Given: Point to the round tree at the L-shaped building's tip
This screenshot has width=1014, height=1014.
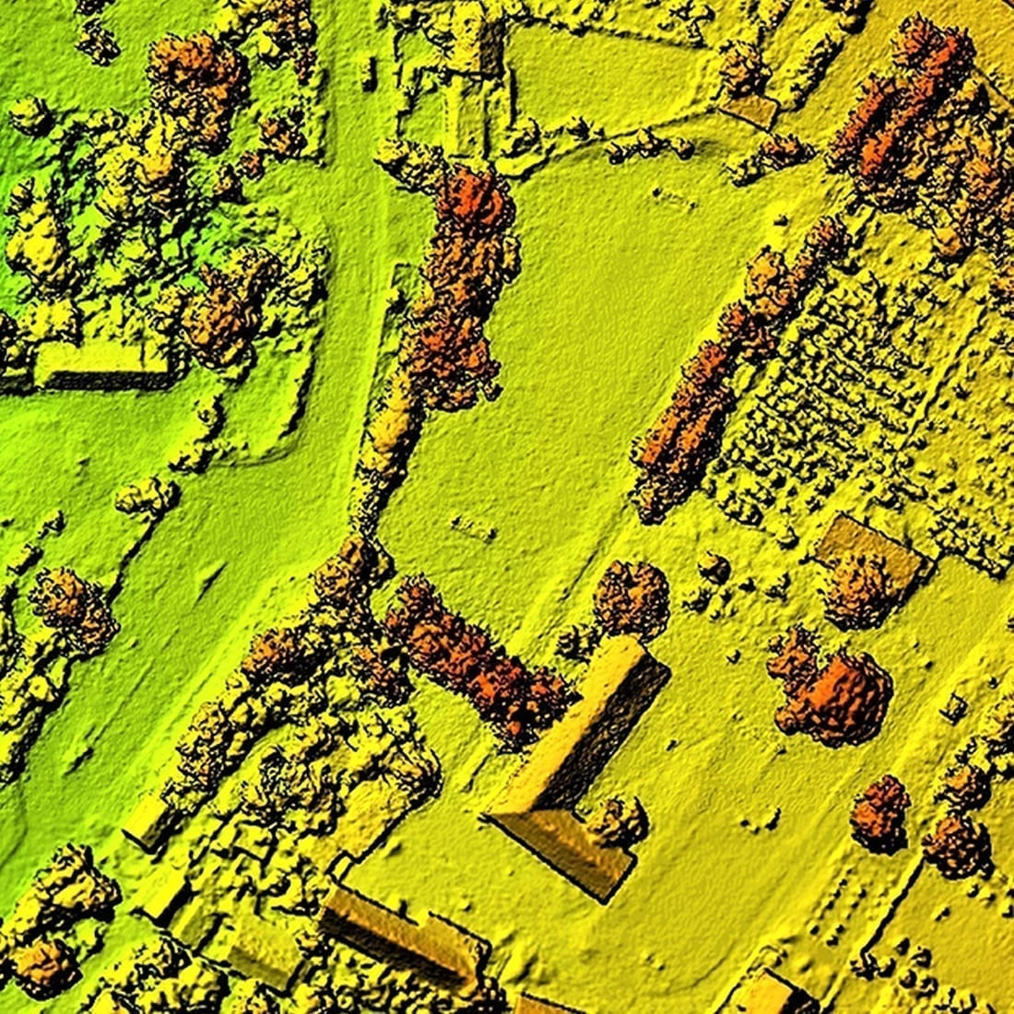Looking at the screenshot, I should (x=631, y=599).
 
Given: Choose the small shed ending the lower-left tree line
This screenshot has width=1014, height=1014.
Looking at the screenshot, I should (x=147, y=820).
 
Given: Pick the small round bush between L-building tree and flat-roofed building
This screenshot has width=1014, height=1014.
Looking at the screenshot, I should (x=713, y=567).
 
